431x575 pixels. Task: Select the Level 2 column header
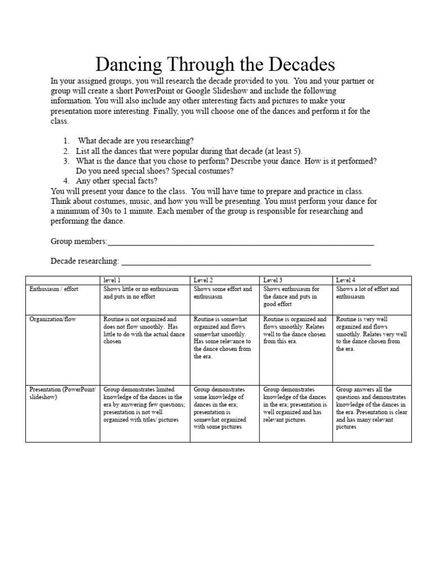pyautogui.click(x=203, y=280)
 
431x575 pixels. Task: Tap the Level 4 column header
pyautogui.click(x=346, y=280)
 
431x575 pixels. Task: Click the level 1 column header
pyautogui.click(x=112, y=280)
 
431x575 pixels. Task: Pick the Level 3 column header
pyautogui.click(x=273, y=280)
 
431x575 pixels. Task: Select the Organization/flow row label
pyautogui.click(x=52, y=319)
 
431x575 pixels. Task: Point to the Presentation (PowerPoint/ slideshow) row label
pyautogui.click(x=62, y=393)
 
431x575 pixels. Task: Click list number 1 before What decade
pyautogui.click(x=66, y=141)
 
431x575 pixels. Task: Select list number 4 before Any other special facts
pyautogui.click(x=66, y=181)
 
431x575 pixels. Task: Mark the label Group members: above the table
pyautogui.click(x=79, y=241)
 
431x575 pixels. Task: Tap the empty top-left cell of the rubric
pyautogui.click(x=62, y=280)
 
